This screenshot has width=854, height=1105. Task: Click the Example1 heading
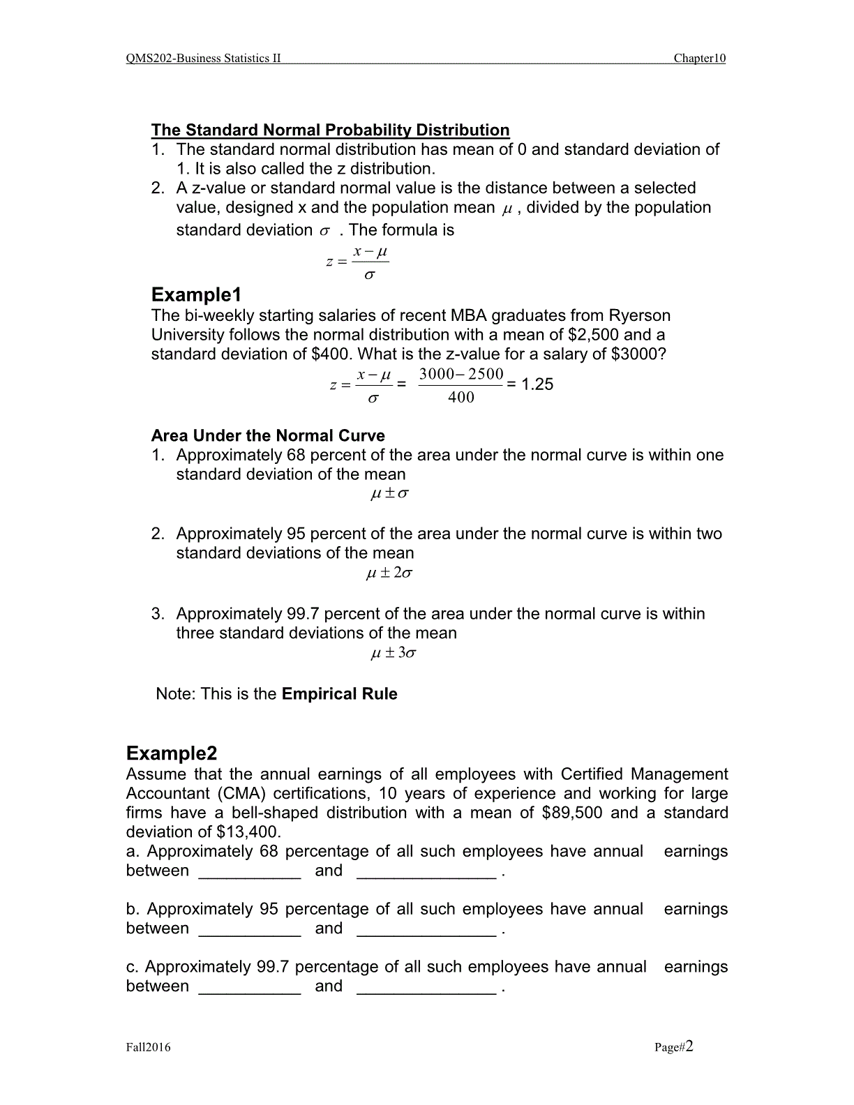click(196, 294)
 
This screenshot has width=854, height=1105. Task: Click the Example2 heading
click(172, 753)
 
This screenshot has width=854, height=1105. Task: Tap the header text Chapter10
click(699, 59)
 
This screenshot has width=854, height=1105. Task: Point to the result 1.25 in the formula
click(537, 384)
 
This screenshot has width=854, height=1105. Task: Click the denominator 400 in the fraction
click(461, 398)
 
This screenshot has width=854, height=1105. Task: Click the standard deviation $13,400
click(248, 832)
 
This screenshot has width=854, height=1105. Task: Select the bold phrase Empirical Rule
click(340, 694)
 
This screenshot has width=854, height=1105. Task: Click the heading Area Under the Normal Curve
click(268, 436)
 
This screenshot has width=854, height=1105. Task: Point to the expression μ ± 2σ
click(389, 573)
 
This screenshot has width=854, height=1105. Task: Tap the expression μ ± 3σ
click(393, 654)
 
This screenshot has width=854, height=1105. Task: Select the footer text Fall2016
click(148, 1047)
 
